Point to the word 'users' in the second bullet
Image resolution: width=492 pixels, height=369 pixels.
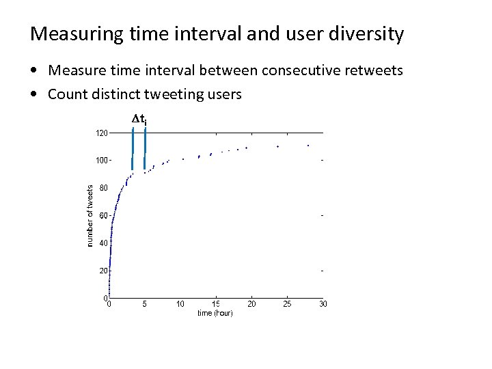[x=223, y=94]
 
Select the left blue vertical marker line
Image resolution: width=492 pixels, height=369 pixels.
[x=132, y=148]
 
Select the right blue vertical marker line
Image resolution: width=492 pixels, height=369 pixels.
[x=145, y=148]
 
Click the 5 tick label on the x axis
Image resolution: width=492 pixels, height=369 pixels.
[x=144, y=304]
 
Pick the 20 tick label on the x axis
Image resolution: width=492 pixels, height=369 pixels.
[x=251, y=304]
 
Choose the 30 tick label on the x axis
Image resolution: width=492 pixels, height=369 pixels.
[x=323, y=304]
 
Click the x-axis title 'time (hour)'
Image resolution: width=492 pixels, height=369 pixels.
[x=215, y=313]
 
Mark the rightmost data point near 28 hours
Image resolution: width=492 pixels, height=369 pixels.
[x=308, y=146]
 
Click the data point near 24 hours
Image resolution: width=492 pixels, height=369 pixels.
[x=278, y=146]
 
